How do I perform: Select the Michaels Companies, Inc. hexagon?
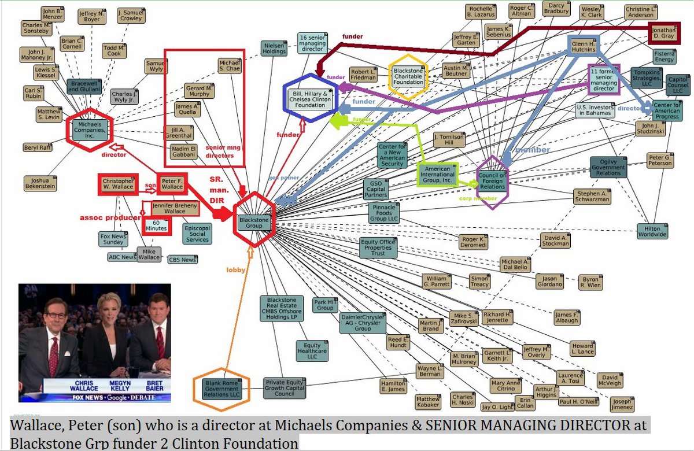89,130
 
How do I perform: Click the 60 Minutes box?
156,225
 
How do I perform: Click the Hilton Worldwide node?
652,231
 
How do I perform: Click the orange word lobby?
236,269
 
